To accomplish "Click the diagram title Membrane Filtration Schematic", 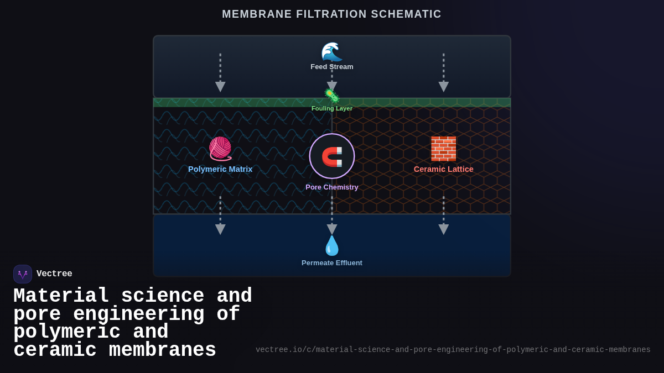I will tap(331, 14).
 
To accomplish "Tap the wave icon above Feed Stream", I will tap(331, 52).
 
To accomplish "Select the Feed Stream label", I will tap(331, 67).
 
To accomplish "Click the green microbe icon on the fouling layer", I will tap(331, 96).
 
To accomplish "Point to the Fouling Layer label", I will tap(331, 108).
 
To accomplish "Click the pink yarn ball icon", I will tap(220, 149).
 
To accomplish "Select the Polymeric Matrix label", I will tap(220, 169).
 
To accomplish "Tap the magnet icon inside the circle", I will tap(332, 156).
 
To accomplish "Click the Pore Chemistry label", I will tap(332, 187).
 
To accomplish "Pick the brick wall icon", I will tap(443, 149).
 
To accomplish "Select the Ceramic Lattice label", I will tap(443, 169).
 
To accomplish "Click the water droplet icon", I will tap(332, 246).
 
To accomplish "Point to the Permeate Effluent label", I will tap(332, 263).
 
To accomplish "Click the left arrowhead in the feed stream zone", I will tap(220, 87).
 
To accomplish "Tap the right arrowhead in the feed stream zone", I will tap(443, 87).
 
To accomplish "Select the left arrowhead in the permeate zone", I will tap(220, 229).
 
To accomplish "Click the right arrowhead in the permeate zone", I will tap(443, 229).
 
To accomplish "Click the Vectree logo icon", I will tap(23, 274).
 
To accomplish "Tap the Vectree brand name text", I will tap(54, 274).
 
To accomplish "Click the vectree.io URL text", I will tap(453, 350).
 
